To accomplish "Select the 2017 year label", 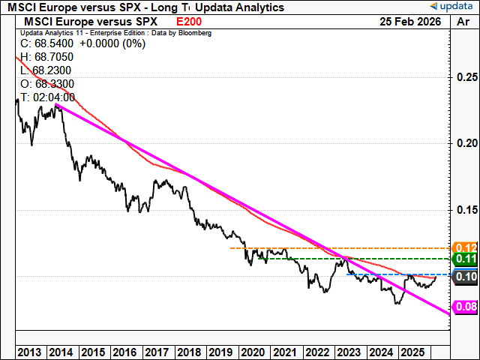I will [156, 352].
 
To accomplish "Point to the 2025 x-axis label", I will [412, 352].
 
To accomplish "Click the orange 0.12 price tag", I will [466, 247].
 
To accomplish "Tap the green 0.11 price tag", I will [466, 259].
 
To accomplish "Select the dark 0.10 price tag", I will [466, 277].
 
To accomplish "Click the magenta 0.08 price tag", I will [466, 307].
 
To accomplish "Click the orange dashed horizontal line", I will [337, 247].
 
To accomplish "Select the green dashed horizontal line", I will [367, 259].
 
